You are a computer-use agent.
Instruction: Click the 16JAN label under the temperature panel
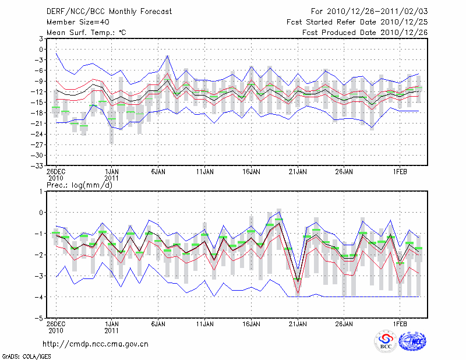coord(251,172)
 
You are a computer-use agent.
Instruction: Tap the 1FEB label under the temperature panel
coord(400,172)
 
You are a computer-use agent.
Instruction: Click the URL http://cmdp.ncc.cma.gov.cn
coord(96,344)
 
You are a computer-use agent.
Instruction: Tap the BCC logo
coord(386,341)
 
